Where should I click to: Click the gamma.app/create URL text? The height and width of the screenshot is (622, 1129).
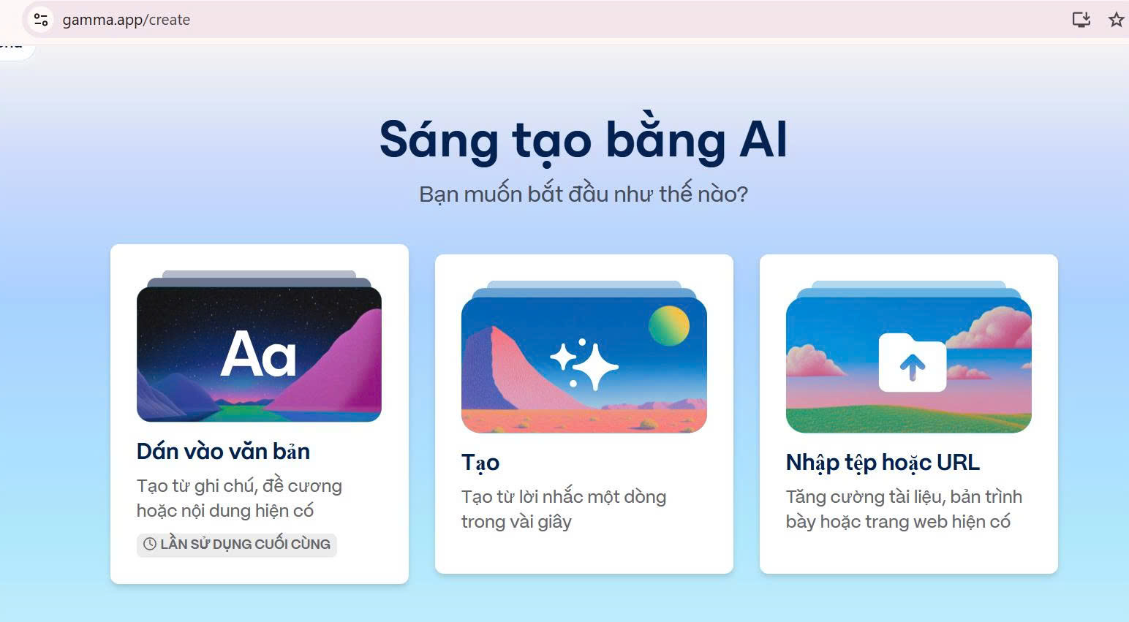(x=126, y=20)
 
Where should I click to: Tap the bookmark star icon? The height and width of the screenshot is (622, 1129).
(x=1116, y=20)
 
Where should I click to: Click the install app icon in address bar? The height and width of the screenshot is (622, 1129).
(x=1081, y=20)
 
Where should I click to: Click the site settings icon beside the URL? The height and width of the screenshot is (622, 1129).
(x=41, y=20)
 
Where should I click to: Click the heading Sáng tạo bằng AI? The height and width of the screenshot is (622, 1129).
(x=584, y=140)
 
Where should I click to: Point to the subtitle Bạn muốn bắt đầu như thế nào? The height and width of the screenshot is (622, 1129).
(x=584, y=194)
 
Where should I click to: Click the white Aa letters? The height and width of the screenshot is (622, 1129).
(x=259, y=354)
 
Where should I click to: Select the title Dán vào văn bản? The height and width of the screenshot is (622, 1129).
(x=223, y=451)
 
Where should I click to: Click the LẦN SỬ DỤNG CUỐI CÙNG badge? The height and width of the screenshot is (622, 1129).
(x=236, y=545)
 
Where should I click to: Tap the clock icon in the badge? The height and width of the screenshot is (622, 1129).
(x=150, y=544)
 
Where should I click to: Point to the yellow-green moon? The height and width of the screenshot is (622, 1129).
(x=669, y=326)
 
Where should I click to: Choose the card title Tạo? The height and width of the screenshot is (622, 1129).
(x=480, y=463)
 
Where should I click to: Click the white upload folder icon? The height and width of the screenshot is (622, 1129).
(x=913, y=362)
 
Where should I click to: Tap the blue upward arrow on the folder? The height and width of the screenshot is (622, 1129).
(x=913, y=366)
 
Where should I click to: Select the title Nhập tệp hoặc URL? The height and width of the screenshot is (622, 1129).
(x=883, y=463)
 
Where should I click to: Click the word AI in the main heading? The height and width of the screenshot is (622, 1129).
(x=763, y=140)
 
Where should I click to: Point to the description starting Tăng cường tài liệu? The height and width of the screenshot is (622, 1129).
(x=905, y=509)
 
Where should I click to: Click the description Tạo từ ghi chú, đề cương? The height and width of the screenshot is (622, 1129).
(x=239, y=498)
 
